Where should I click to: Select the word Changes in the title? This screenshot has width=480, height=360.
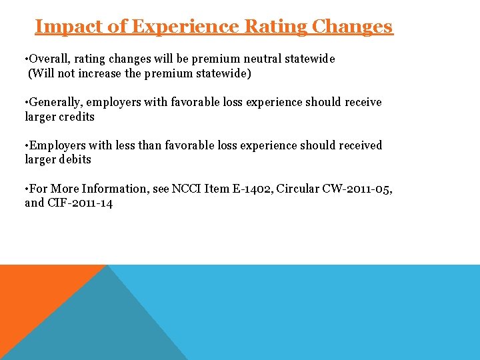coord(353,27)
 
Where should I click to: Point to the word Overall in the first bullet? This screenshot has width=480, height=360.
coord(51,59)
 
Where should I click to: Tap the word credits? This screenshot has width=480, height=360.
coord(76,117)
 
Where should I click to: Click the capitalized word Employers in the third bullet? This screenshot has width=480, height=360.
coord(58,145)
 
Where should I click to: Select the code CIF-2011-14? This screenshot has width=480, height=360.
coord(80,203)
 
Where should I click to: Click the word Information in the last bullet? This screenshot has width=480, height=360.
coord(113,188)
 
